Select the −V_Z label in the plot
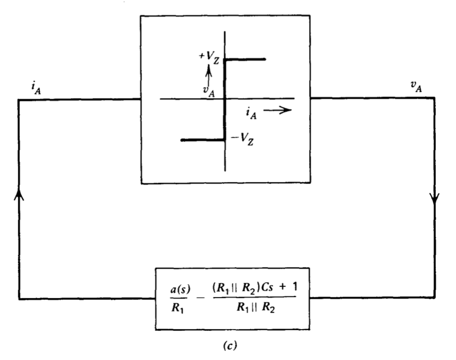(x=242, y=140)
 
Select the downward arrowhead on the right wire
(x=435, y=201)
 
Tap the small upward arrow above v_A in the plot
(x=209, y=73)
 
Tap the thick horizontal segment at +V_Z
(x=245, y=59)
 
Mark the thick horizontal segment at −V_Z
(x=203, y=140)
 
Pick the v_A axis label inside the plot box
(x=209, y=91)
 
